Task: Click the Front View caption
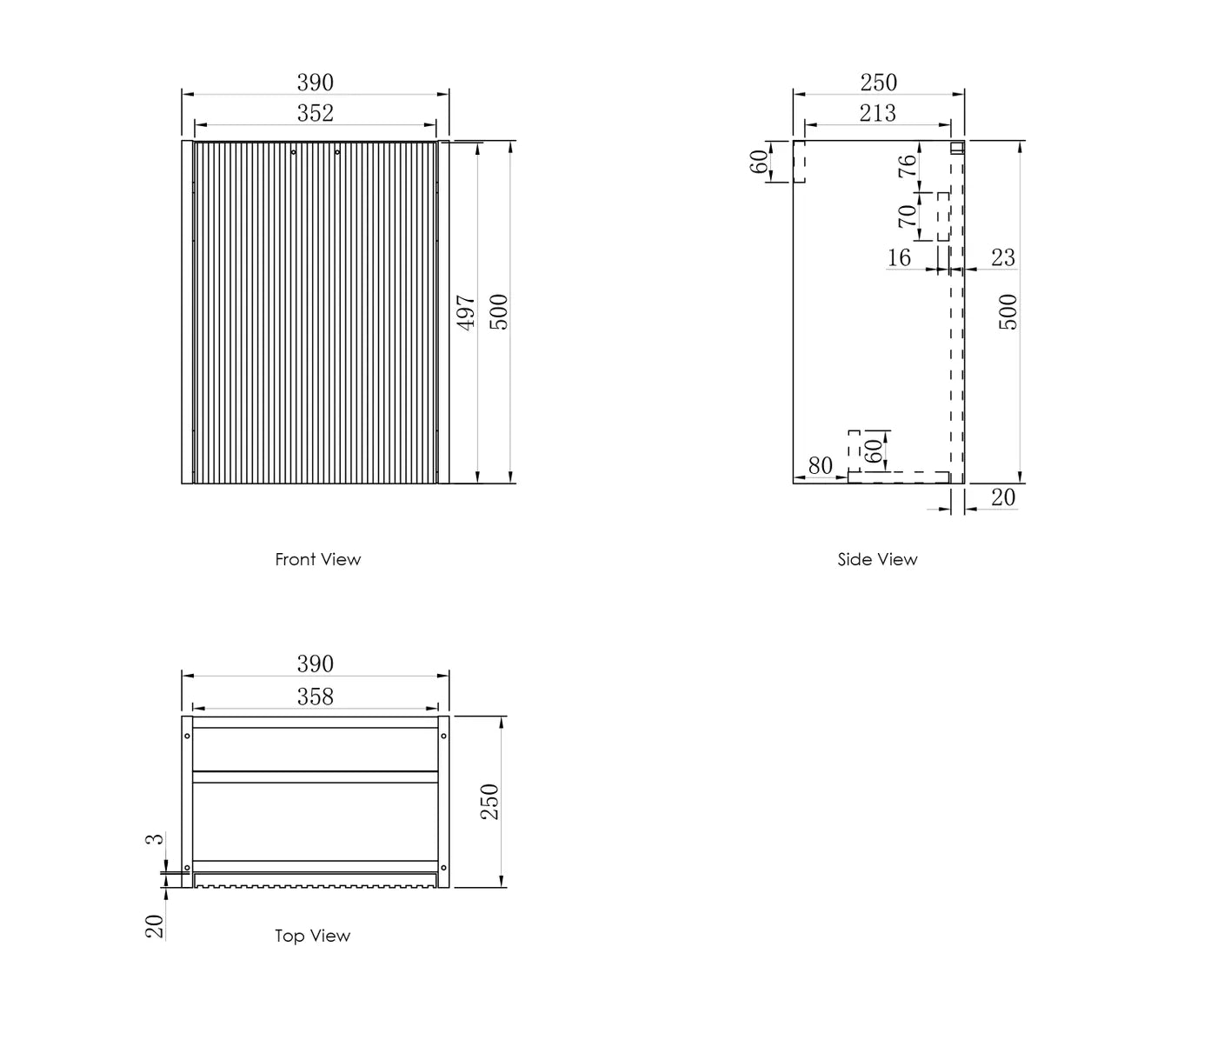[317, 559]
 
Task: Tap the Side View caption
[877, 559]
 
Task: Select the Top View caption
[312, 936]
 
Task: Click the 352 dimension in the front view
[315, 113]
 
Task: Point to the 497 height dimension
[467, 312]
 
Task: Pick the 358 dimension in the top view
[315, 697]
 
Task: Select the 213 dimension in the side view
[877, 113]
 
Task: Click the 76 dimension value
[907, 165]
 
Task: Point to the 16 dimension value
[899, 257]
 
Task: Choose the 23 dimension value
[1002, 257]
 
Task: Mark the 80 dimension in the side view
[820, 466]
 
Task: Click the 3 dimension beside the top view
[155, 839]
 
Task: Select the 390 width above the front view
[315, 83]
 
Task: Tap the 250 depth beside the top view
[490, 801]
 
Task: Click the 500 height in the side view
[1008, 312]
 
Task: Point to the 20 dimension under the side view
[1002, 497]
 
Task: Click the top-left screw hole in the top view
[187, 737]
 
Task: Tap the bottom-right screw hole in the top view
[443, 867]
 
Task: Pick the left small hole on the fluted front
[294, 152]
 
